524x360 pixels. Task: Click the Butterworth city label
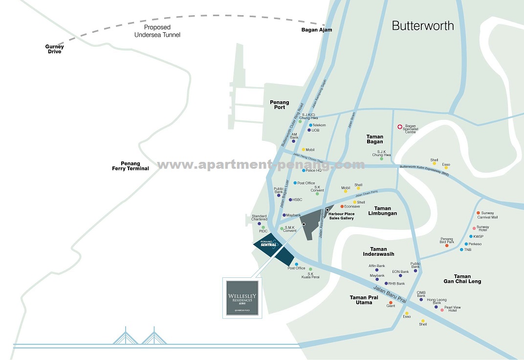coord(423,26)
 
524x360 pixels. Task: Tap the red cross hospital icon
coord(399,127)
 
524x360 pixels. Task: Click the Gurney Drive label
coord(55,49)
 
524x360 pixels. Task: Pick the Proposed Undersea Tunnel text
coord(157,31)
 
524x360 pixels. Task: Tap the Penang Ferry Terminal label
coord(131,166)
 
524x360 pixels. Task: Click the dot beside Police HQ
coord(303,171)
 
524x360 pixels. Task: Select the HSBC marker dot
coord(290,200)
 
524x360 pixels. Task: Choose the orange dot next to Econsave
coord(342,206)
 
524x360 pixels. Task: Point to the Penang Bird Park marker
coord(447,245)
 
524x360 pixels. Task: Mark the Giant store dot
coord(391,302)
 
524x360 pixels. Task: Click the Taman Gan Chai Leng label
coord(462,279)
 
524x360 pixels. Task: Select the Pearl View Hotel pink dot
coord(442,310)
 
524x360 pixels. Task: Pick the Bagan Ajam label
coord(316,30)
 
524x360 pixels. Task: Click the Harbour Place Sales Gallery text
coord(341,216)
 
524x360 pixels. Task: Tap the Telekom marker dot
coord(310,125)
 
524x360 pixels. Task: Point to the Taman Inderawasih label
coord(379,251)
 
